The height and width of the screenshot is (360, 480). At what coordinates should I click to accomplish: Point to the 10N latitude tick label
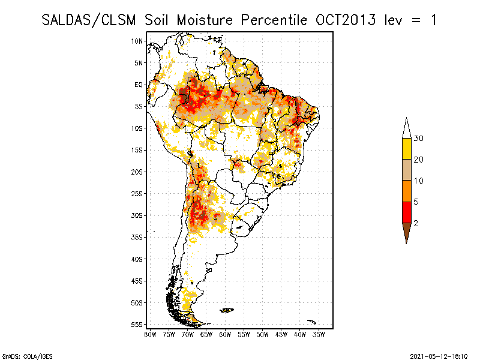coord(137,41)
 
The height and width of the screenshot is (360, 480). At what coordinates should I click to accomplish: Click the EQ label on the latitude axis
coord(138,85)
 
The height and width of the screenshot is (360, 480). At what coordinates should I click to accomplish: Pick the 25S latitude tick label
coord(137,193)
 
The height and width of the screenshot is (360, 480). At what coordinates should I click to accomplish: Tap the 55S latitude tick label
coord(137,325)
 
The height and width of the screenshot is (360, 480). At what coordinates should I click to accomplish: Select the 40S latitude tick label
coord(137,259)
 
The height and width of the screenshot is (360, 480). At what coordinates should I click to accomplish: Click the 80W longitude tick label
coord(150,334)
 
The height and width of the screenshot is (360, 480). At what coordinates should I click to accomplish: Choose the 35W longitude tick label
coord(319,334)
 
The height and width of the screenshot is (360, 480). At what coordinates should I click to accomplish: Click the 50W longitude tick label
coord(263,334)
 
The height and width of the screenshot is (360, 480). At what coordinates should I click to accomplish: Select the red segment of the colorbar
coord(406,212)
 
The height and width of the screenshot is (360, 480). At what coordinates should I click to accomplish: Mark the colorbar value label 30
coord(419,139)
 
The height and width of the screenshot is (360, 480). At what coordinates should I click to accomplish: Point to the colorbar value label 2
coord(416,223)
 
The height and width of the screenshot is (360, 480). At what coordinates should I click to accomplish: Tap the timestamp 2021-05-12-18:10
coord(439,355)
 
